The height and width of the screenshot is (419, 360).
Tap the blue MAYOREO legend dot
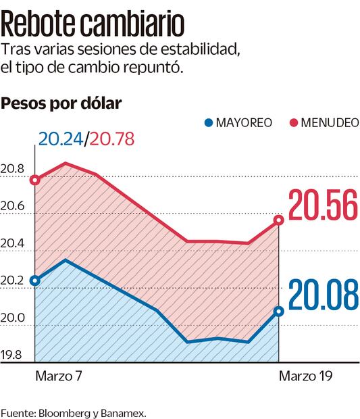[209, 123]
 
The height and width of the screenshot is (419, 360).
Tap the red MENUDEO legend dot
[294, 123]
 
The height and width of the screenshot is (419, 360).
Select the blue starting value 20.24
[61, 140]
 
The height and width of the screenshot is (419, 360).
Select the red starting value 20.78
[111, 140]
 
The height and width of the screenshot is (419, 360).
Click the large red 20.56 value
[322, 207]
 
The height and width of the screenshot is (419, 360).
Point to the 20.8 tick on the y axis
[13, 169]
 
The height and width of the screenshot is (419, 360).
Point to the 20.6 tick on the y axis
[13, 206]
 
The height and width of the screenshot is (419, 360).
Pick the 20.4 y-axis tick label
[13, 243]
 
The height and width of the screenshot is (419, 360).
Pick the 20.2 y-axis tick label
[13, 281]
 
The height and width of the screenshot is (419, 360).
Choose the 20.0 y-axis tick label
[13, 318]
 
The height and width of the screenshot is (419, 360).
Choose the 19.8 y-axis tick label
[13, 355]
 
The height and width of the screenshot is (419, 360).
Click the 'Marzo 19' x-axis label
[305, 376]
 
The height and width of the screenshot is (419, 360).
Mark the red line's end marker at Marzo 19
[279, 220]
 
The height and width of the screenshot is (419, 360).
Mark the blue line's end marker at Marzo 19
[279, 312]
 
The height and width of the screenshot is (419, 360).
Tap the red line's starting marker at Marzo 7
[35, 180]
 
